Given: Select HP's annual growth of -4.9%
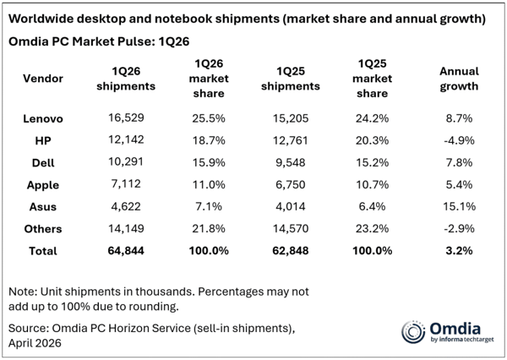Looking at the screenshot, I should pyautogui.click(x=459, y=138).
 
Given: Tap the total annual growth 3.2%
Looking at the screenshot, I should pyautogui.click(x=459, y=250).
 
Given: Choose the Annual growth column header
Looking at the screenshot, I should pyautogui.click(x=459, y=78).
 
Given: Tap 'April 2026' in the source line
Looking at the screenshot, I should pyautogui.click(x=36, y=343).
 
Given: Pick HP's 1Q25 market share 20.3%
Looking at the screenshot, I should pyautogui.click(x=372, y=138).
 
